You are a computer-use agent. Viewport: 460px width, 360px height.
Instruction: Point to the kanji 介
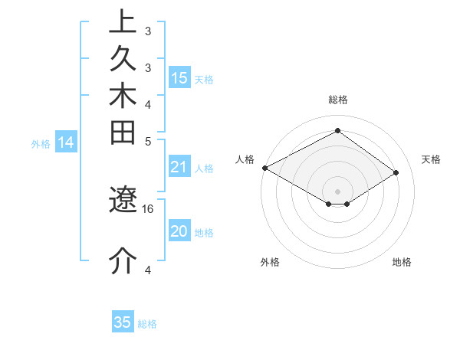123,260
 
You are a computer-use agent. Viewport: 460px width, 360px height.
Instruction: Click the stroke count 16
149,208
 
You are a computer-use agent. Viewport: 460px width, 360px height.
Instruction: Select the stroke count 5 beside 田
148,141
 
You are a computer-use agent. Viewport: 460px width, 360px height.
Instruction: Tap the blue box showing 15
179,77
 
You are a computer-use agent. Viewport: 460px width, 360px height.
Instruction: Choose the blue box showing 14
66,142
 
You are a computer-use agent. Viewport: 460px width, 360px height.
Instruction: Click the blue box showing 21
179,168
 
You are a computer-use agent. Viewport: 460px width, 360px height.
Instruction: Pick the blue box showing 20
179,232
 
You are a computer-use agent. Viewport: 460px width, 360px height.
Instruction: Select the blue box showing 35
123,322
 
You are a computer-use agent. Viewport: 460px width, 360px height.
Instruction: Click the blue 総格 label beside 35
147,324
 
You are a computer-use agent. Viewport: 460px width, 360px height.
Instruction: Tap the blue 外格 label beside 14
41,143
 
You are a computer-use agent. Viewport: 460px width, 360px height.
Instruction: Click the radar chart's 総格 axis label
338,100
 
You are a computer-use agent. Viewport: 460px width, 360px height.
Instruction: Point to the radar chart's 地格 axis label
402,262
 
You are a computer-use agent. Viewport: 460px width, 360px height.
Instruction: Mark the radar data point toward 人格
264,168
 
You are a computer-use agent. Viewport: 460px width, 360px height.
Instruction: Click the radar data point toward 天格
396,173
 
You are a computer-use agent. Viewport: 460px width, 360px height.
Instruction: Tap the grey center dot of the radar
338,191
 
